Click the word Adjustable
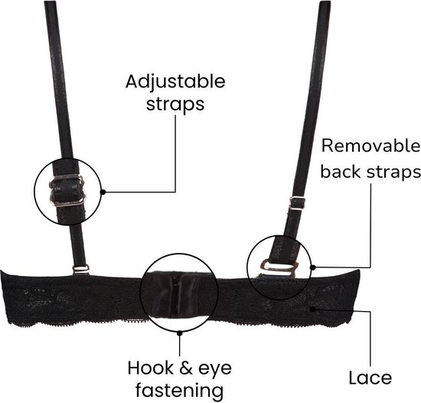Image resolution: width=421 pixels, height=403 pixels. (175, 82)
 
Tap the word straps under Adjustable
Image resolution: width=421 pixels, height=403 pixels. (175, 104)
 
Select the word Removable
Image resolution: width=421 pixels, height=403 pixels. (370, 146)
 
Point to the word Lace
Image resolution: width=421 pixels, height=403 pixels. (370, 378)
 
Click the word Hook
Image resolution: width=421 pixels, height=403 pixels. (150, 368)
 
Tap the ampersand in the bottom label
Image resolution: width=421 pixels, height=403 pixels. (186, 368)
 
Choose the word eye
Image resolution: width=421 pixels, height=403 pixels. (215, 370)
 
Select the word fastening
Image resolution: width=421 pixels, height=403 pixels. (179, 390)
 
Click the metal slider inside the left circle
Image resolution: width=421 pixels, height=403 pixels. (67, 190)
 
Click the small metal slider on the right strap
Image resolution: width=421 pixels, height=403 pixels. (297, 203)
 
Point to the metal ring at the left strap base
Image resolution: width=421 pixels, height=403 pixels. (80, 269)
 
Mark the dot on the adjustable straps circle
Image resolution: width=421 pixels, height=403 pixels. (103, 192)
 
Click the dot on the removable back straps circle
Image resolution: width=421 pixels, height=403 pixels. (312, 267)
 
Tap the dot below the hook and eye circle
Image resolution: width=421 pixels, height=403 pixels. (180, 333)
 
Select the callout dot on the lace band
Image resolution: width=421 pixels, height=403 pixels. (312, 309)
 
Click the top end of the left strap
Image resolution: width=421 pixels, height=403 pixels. (50, 2)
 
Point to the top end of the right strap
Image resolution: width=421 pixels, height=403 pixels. (325, 2)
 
